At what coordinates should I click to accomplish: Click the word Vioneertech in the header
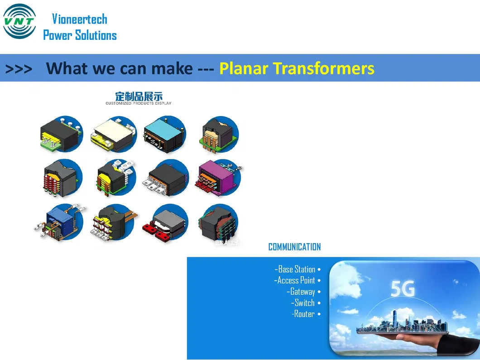point(80,19)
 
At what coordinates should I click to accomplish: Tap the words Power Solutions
point(80,35)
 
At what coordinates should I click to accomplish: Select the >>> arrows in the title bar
point(19,68)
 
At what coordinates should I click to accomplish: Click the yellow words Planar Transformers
point(297,68)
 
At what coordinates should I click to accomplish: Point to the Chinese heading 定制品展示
point(139,96)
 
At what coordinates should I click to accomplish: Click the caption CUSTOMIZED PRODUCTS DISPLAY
point(139,103)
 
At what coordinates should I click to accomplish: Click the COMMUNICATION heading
point(294,247)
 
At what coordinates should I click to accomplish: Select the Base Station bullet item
point(297,269)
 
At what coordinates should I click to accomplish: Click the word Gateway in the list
point(302,292)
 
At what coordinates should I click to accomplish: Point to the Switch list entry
point(304,302)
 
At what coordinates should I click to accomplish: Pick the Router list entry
point(304,314)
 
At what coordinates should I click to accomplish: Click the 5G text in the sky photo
point(402,289)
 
